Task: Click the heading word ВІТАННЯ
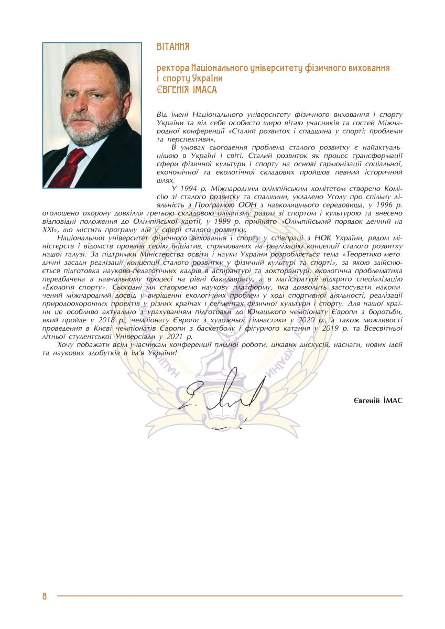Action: [173, 47]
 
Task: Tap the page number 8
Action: [45, 596]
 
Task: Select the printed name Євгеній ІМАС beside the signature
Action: [378, 400]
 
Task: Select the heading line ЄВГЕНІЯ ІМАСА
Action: [187, 90]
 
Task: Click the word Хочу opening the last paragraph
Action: [67, 345]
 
